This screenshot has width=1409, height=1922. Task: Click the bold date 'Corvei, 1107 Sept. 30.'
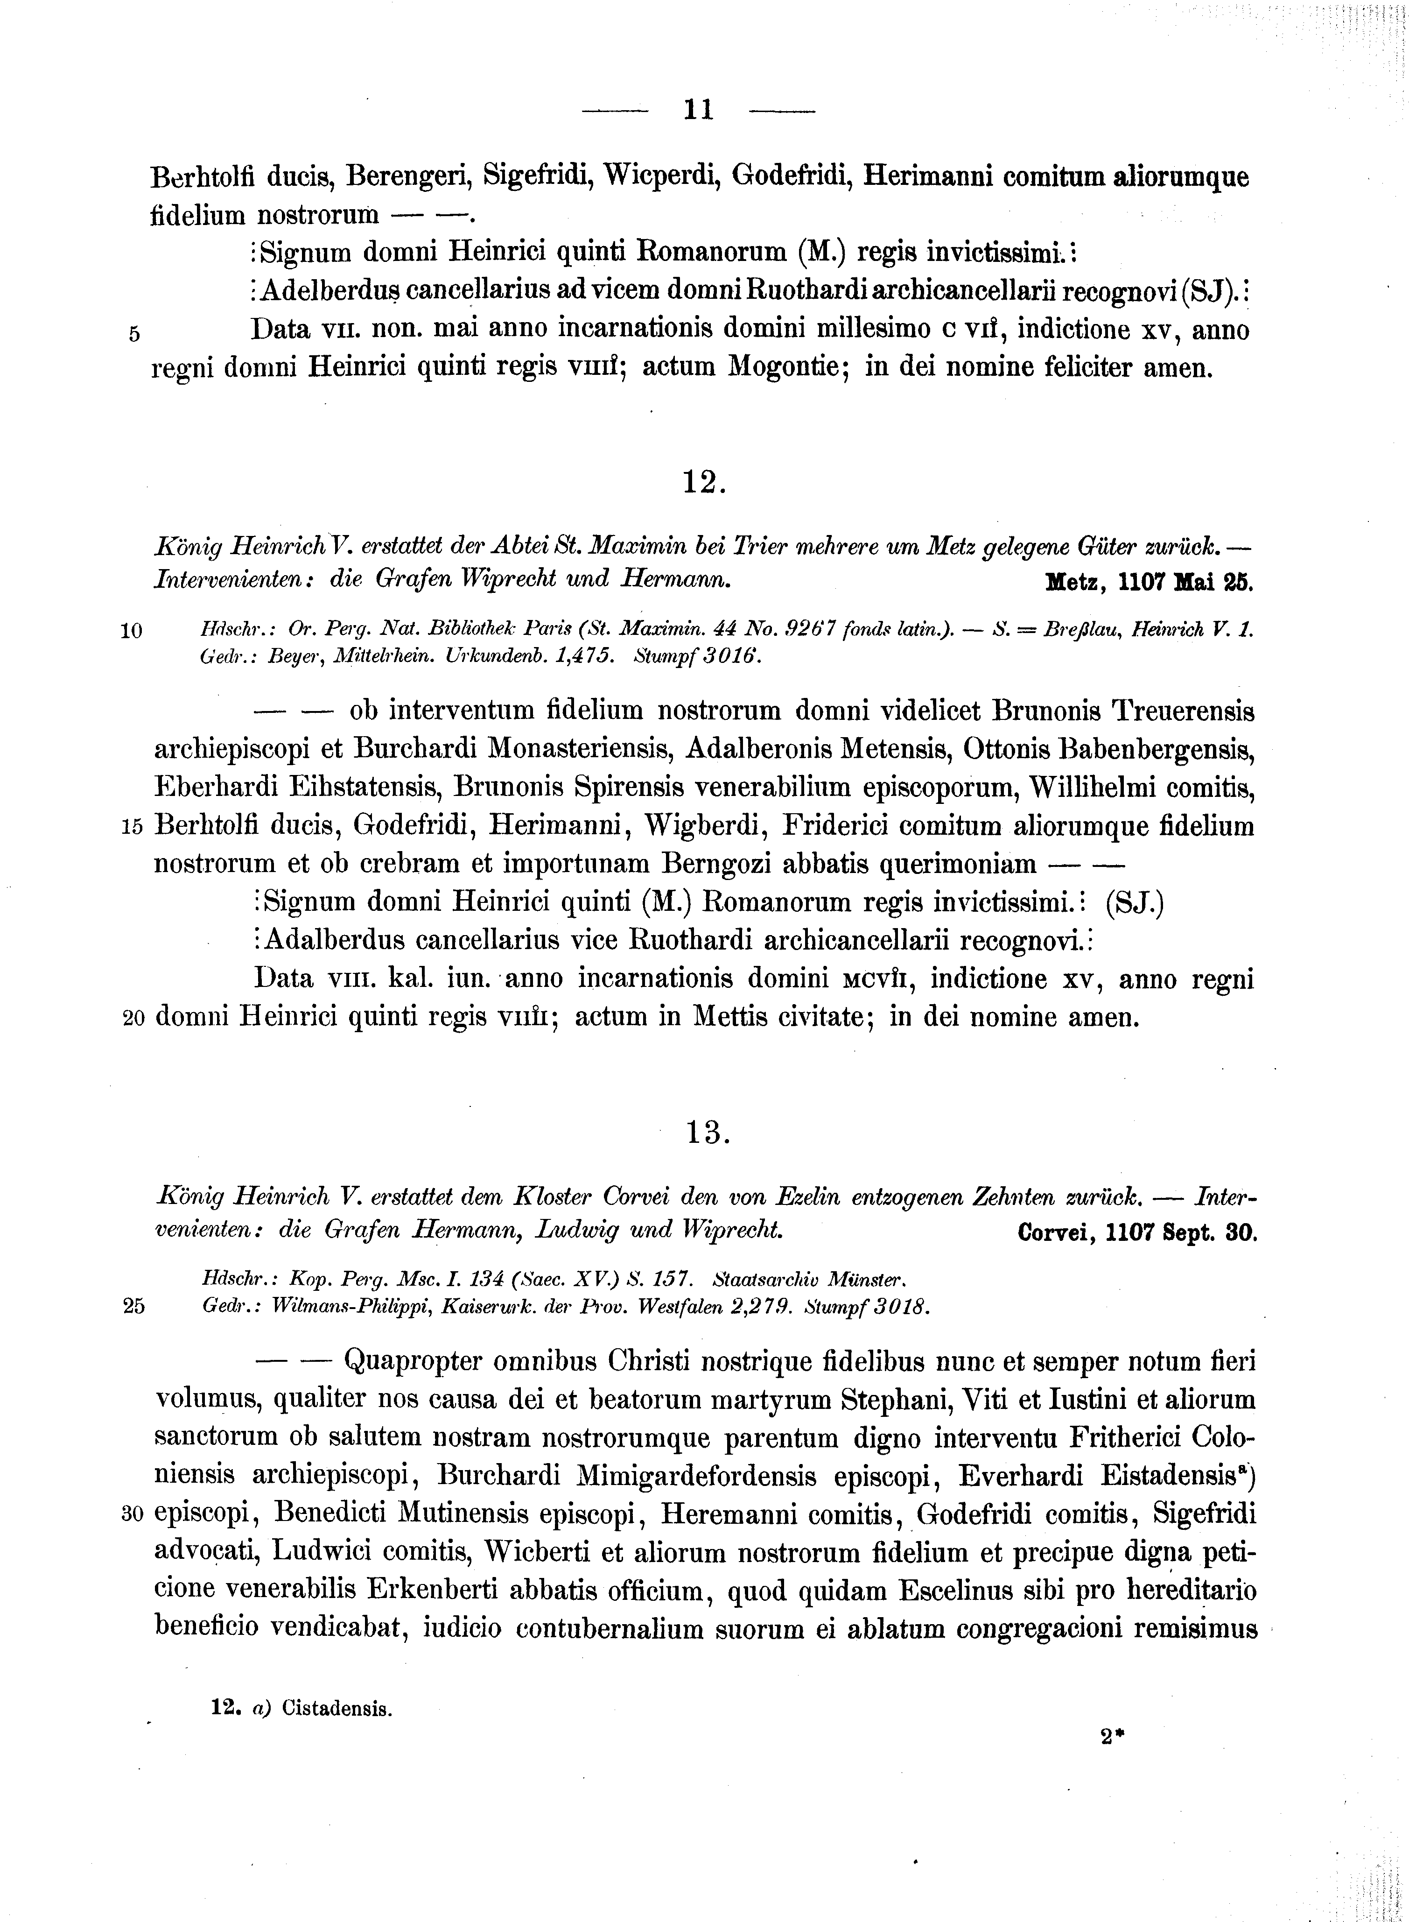pyautogui.click(x=1138, y=1233)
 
